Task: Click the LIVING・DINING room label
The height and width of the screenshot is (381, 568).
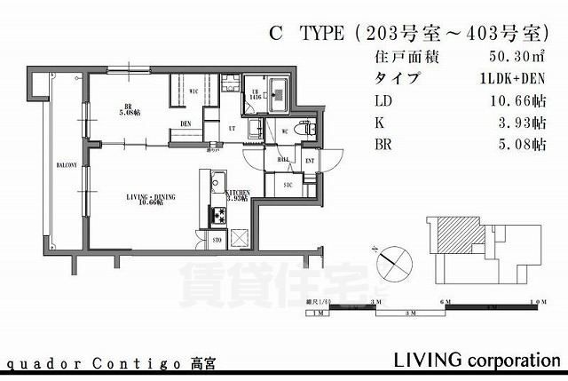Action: [x=149, y=200]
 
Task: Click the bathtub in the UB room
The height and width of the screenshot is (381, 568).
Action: [x=280, y=91]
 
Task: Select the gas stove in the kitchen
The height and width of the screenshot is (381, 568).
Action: [x=218, y=215]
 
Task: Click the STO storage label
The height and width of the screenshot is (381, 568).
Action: [x=216, y=239]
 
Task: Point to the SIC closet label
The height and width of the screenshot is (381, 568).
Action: [x=288, y=185]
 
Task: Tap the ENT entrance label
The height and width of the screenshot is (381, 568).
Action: [x=310, y=161]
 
